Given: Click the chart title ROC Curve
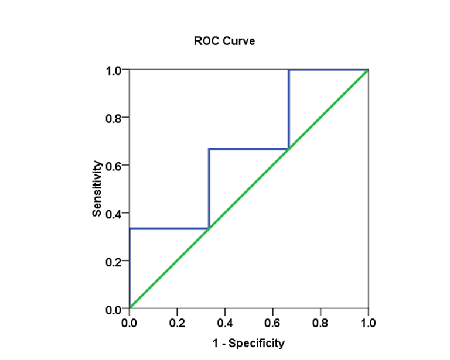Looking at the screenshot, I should (x=224, y=42).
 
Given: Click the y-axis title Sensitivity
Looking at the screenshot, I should (x=97, y=188).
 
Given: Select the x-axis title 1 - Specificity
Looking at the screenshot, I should (x=248, y=342).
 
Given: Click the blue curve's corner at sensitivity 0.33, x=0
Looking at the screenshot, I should (x=129, y=229).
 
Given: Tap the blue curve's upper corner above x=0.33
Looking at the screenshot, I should (x=209, y=149).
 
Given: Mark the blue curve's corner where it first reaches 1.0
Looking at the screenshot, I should (x=289, y=70).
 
